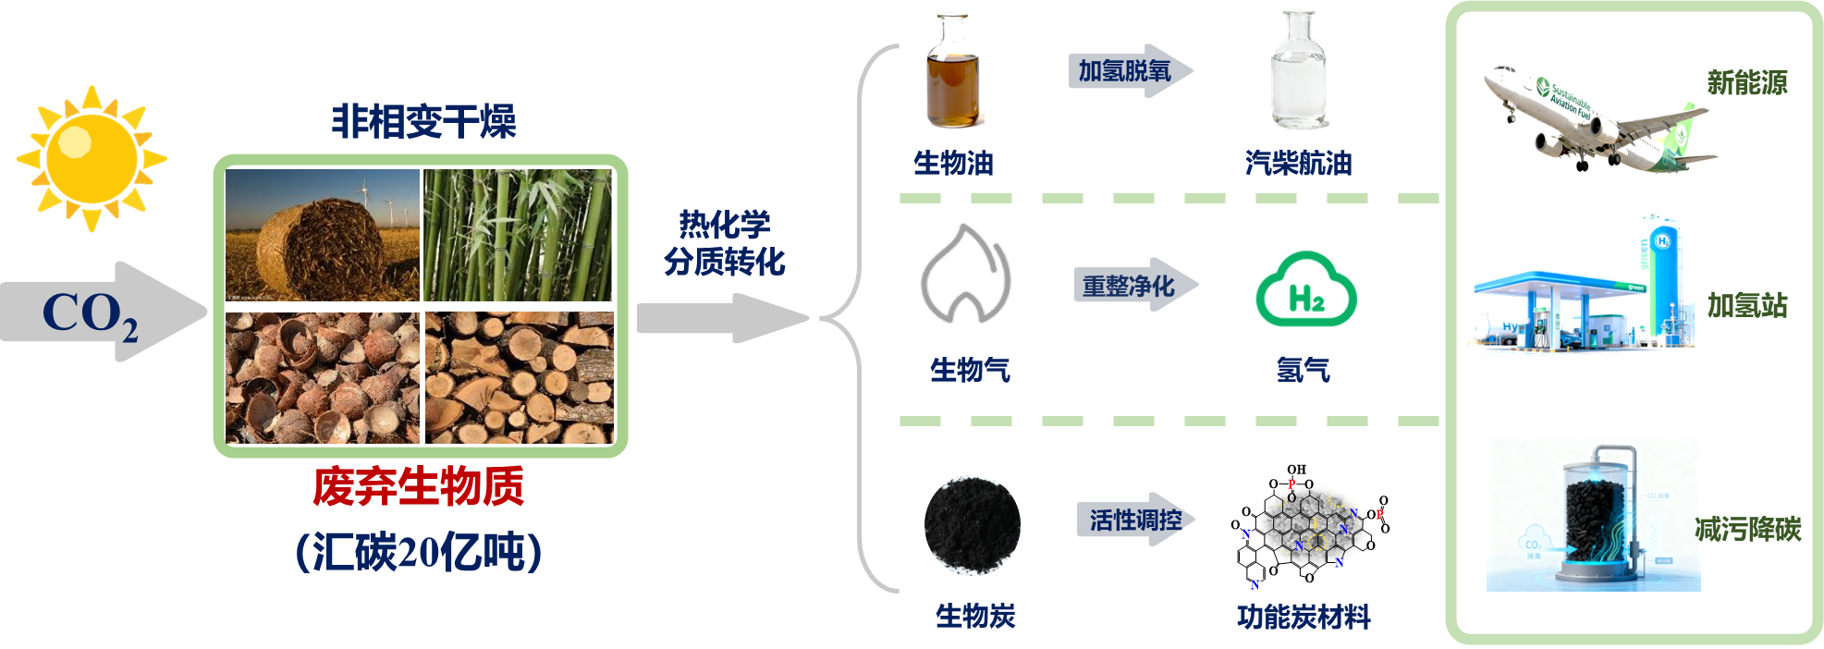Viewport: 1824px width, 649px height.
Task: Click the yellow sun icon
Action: point(91,158)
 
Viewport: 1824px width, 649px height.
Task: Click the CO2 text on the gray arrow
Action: point(90,314)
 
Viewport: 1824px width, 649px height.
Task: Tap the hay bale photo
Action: point(322,235)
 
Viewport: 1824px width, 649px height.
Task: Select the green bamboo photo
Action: point(519,235)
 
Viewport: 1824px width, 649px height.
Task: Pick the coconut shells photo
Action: point(322,377)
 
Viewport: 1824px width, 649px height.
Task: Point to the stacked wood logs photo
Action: point(520,377)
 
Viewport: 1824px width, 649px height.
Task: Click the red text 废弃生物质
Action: point(419,486)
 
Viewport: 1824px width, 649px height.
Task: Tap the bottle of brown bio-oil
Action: point(952,72)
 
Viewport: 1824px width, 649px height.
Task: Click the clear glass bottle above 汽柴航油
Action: point(1298,70)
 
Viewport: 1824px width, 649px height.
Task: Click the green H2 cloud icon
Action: point(1305,289)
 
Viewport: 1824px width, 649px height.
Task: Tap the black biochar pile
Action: point(973,524)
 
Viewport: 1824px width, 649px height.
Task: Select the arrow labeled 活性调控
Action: point(1135,520)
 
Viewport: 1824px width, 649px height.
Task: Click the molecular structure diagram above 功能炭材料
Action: point(1310,527)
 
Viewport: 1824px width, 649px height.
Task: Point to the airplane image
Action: point(1595,118)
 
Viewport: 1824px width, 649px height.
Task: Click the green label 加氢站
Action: point(1746,305)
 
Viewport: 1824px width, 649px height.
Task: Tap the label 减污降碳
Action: point(1747,529)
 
